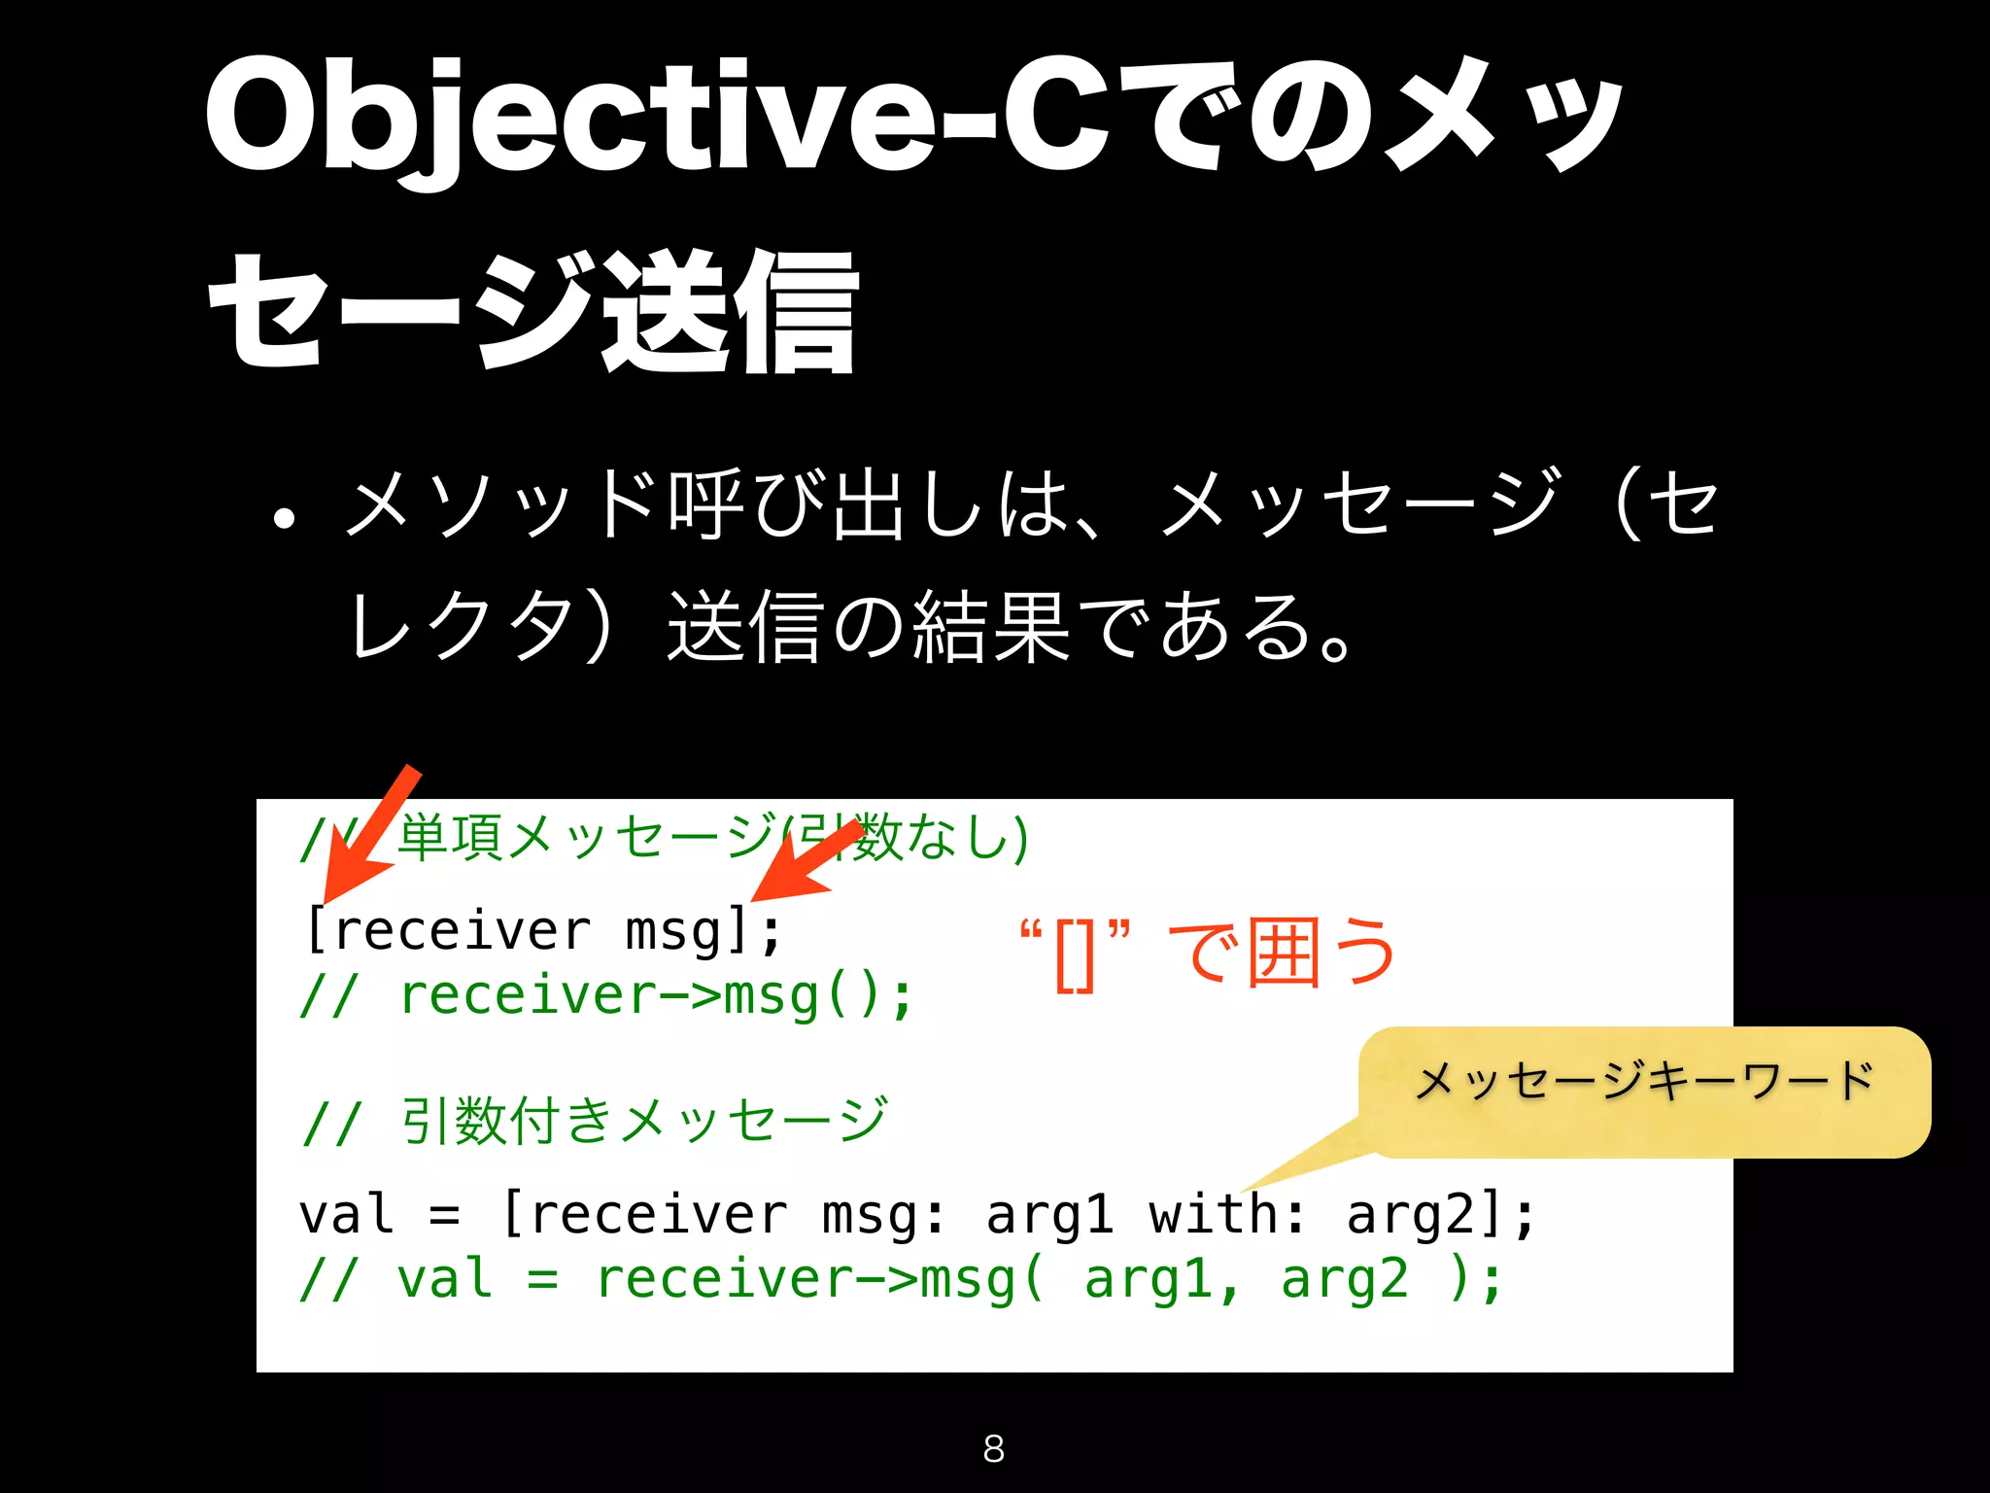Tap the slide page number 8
993,1448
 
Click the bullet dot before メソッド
284,518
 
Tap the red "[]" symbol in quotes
1075,955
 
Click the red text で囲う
1283,953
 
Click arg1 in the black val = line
1048,1215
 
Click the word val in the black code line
346,1215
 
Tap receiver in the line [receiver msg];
462,931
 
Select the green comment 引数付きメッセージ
644,1120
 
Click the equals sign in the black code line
444,1215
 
